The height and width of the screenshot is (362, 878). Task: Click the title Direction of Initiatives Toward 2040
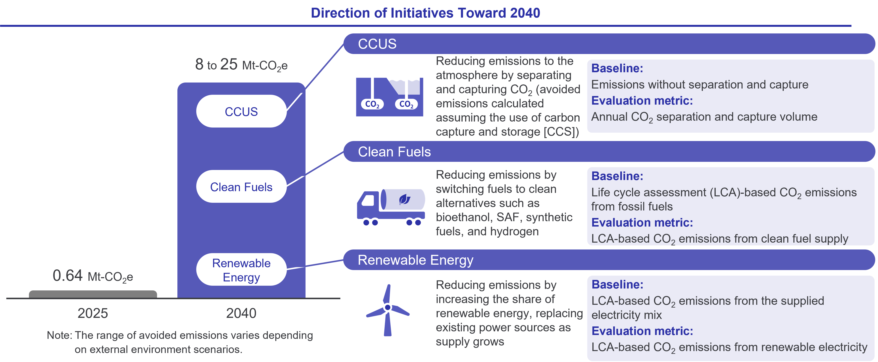tap(425, 13)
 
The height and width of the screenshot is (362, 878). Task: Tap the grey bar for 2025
tap(93, 294)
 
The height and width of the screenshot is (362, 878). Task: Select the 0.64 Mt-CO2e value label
tap(93, 276)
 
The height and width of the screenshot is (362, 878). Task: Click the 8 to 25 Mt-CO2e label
tap(241, 65)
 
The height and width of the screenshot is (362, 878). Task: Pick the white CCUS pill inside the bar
tap(241, 111)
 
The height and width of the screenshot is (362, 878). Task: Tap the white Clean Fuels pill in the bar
tap(241, 186)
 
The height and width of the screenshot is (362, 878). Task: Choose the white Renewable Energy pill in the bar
tap(241, 270)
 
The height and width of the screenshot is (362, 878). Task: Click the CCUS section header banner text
tap(377, 44)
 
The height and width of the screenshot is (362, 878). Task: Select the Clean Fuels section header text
tap(394, 152)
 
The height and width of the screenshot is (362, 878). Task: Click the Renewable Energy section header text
tap(415, 260)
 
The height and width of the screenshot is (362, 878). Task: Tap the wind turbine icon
tap(388, 310)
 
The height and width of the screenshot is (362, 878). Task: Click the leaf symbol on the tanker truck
tap(405, 199)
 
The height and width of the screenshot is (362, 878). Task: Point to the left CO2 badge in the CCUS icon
tap(372, 104)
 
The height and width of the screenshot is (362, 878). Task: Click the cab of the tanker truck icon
tap(368, 201)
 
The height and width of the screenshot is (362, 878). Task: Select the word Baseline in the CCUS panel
tap(617, 68)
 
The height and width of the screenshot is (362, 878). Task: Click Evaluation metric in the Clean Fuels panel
tap(642, 223)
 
